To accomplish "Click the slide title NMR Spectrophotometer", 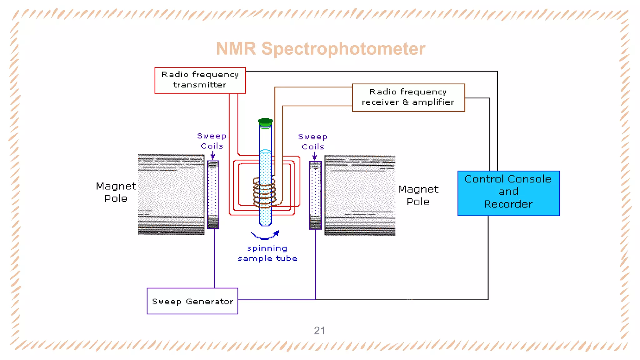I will tap(320, 49).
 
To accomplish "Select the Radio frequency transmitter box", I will tap(200, 80).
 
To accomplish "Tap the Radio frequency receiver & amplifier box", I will tap(408, 97).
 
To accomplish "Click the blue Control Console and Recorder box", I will tap(508, 193).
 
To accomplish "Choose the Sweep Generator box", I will tap(192, 301).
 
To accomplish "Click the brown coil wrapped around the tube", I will tap(264, 192).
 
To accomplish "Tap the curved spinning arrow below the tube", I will tap(265, 236).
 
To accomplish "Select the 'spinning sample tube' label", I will tap(267, 253).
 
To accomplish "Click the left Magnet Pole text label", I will tap(116, 192).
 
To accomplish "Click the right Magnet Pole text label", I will tap(418, 195).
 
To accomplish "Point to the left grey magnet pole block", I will tap(171, 194).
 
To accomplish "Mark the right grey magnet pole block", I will tap(360, 195).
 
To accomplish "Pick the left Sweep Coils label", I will tap(212, 141).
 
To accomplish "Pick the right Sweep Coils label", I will tap(313, 142).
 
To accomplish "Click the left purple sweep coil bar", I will tap(213, 194).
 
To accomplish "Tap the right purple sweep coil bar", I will tap(315, 195).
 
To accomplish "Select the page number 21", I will tap(319, 331).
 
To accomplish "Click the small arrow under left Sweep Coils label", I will tap(213, 155).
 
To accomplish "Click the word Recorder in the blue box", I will tap(508, 204).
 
